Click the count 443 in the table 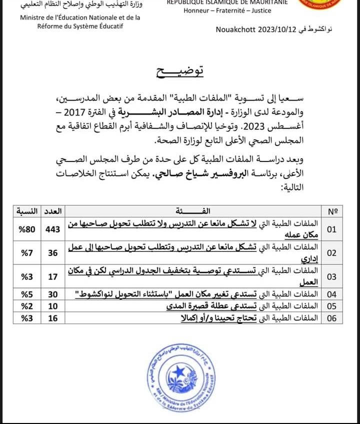pyautogui.click(x=52, y=229)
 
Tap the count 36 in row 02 pyautogui.click(x=52, y=253)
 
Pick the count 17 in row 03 pyautogui.click(x=52, y=276)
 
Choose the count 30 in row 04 pyautogui.click(x=52, y=293)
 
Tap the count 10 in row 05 pyautogui.click(x=52, y=306)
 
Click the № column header pyautogui.click(x=332, y=211)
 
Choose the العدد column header pyautogui.click(x=52, y=211)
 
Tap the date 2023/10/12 pyautogui.click(x=276, y=29)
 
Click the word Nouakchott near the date pyautogui.click(x=235, y=29)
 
